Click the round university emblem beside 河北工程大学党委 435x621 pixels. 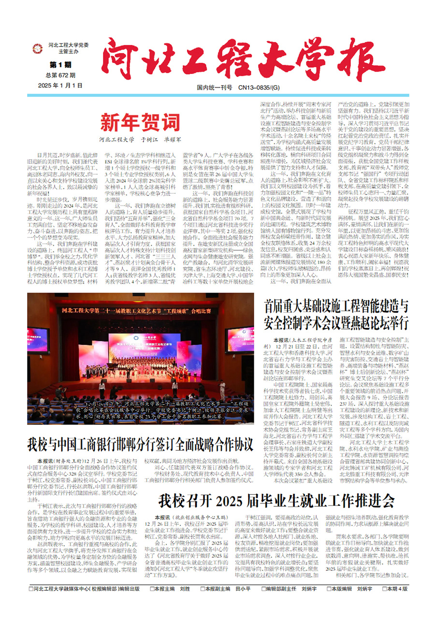(37, 48)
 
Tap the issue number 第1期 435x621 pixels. (60, 64)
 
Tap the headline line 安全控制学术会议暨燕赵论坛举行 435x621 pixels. (336, 322)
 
